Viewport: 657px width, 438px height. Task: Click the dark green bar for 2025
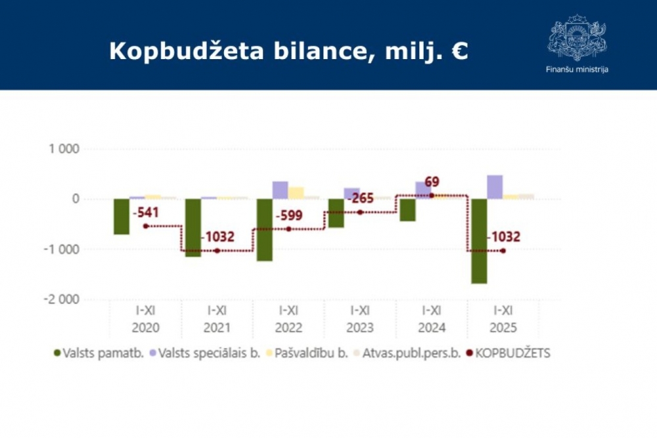click(479, 241)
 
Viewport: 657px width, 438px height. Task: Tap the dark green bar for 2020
click(122, 217)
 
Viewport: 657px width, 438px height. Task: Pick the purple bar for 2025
click(495, 187)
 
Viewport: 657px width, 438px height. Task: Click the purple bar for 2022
click(280, 190)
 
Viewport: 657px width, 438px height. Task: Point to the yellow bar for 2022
click(296, 193)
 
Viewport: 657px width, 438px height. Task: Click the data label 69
click(432, 182)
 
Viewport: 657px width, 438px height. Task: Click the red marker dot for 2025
click(503, 251)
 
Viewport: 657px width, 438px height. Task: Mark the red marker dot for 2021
click(217, 251)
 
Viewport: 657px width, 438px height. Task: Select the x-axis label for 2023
click(360, 319)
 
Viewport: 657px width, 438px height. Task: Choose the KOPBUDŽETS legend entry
click(507, 353)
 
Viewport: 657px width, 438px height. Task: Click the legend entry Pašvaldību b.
click(309, 353)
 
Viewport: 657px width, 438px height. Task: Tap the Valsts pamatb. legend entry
click(98, 353)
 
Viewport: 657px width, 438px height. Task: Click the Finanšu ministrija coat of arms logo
click(576, 37)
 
